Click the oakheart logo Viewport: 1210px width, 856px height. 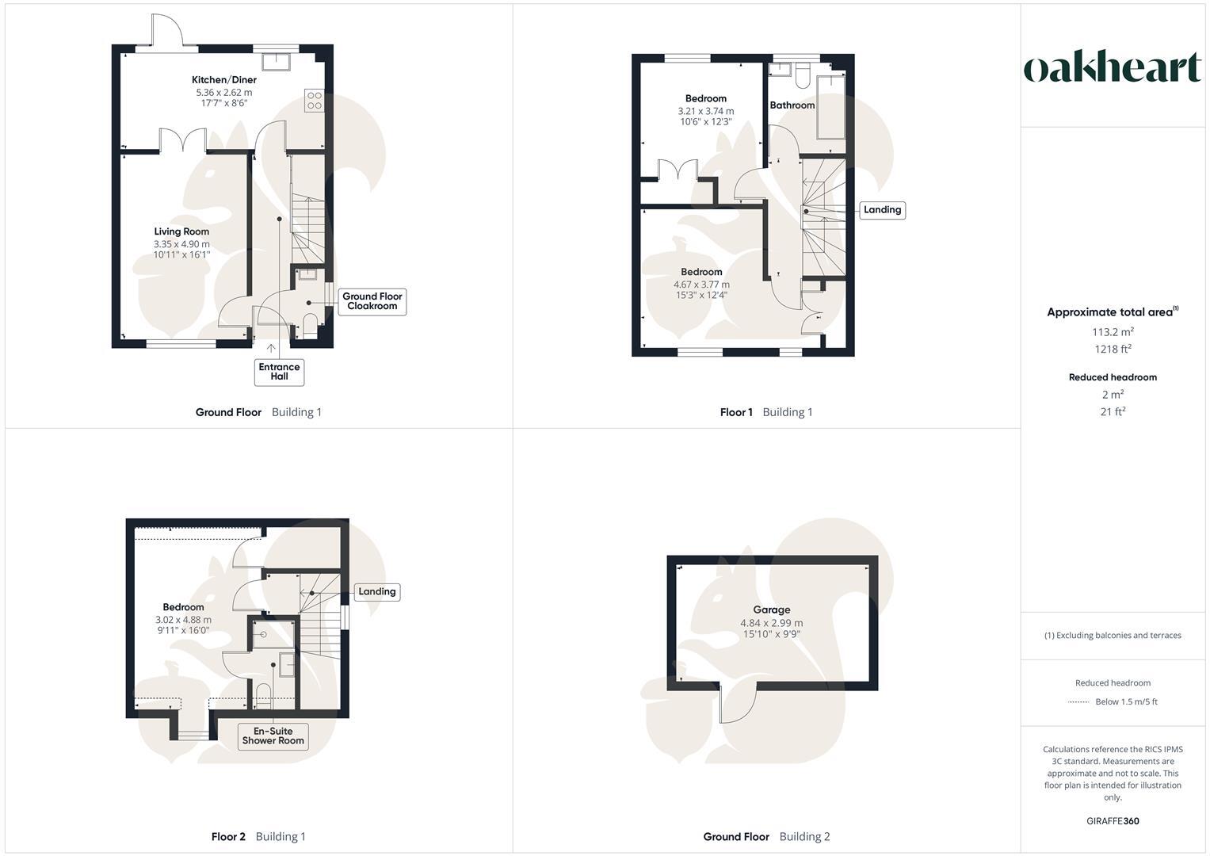point(1112,67)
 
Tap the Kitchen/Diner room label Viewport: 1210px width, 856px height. point(224,80)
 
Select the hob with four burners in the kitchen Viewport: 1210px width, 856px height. point(314,101)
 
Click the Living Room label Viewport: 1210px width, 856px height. point(181,232)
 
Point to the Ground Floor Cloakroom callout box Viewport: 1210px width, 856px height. point(372,301)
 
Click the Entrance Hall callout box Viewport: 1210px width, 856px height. point(279,372)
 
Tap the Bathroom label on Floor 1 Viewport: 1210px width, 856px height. point(792,105)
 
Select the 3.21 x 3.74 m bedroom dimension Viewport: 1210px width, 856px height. point(705,111)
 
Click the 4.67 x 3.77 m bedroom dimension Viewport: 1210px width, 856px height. point(701,285)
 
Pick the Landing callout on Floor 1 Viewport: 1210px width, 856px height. point(882,210)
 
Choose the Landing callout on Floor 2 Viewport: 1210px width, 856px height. point(376,592)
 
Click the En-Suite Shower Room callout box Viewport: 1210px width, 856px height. point(273,736)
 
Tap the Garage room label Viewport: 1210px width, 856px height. point(771,610)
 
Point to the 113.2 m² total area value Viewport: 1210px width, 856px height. point(1113,332)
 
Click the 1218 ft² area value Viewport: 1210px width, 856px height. point(1113,350)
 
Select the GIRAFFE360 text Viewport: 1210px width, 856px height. point(1113,821)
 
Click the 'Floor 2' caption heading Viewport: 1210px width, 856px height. point(228,837)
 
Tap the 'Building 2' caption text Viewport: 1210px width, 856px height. point(804,837)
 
